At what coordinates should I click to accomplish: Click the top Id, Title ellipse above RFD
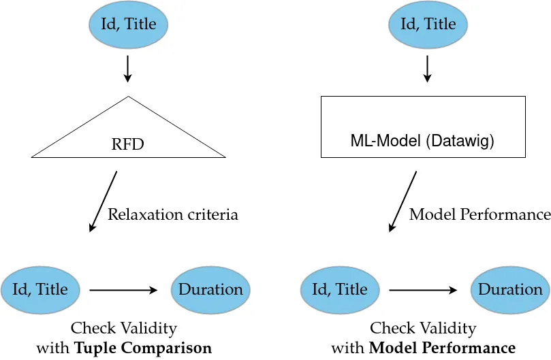[x=128, y=25]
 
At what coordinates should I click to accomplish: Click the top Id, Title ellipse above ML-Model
[x=428, y=25]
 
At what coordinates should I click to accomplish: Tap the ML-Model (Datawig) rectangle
[x=422, y=127]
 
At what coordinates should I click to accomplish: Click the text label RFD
[x=128, y=145]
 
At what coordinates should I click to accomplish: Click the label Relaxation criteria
[x=173, y=215]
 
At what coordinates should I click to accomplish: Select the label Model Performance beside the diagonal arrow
[x=479, y=215]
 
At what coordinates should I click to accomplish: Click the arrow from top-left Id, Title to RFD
[x=128, y=69]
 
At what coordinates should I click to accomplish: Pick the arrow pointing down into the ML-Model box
[x=428, y=69]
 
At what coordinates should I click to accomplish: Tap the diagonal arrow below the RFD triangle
[x=104, y=201]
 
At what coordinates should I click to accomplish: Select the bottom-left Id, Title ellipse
[x=40, y=290]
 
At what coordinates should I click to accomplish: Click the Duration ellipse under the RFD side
[x=210, y=290]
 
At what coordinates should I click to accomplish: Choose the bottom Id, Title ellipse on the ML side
[x=340, y=290]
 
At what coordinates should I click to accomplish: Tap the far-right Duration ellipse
[x=510, y=290]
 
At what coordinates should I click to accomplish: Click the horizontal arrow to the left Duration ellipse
[x=123, y=291]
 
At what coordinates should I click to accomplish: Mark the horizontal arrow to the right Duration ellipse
[x=423, y=291]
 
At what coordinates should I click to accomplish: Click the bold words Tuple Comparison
[x=143, y=348]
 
